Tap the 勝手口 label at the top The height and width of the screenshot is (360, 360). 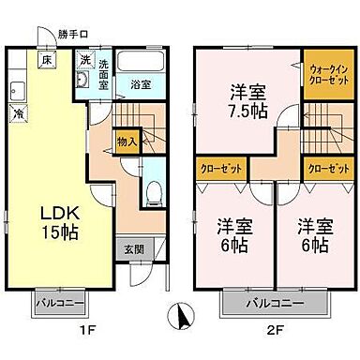click(71, 35)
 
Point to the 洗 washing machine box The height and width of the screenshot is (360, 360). click(83, 61)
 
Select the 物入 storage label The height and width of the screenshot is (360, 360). click(127, 142)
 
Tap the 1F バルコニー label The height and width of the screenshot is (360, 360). click(61, 304)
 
